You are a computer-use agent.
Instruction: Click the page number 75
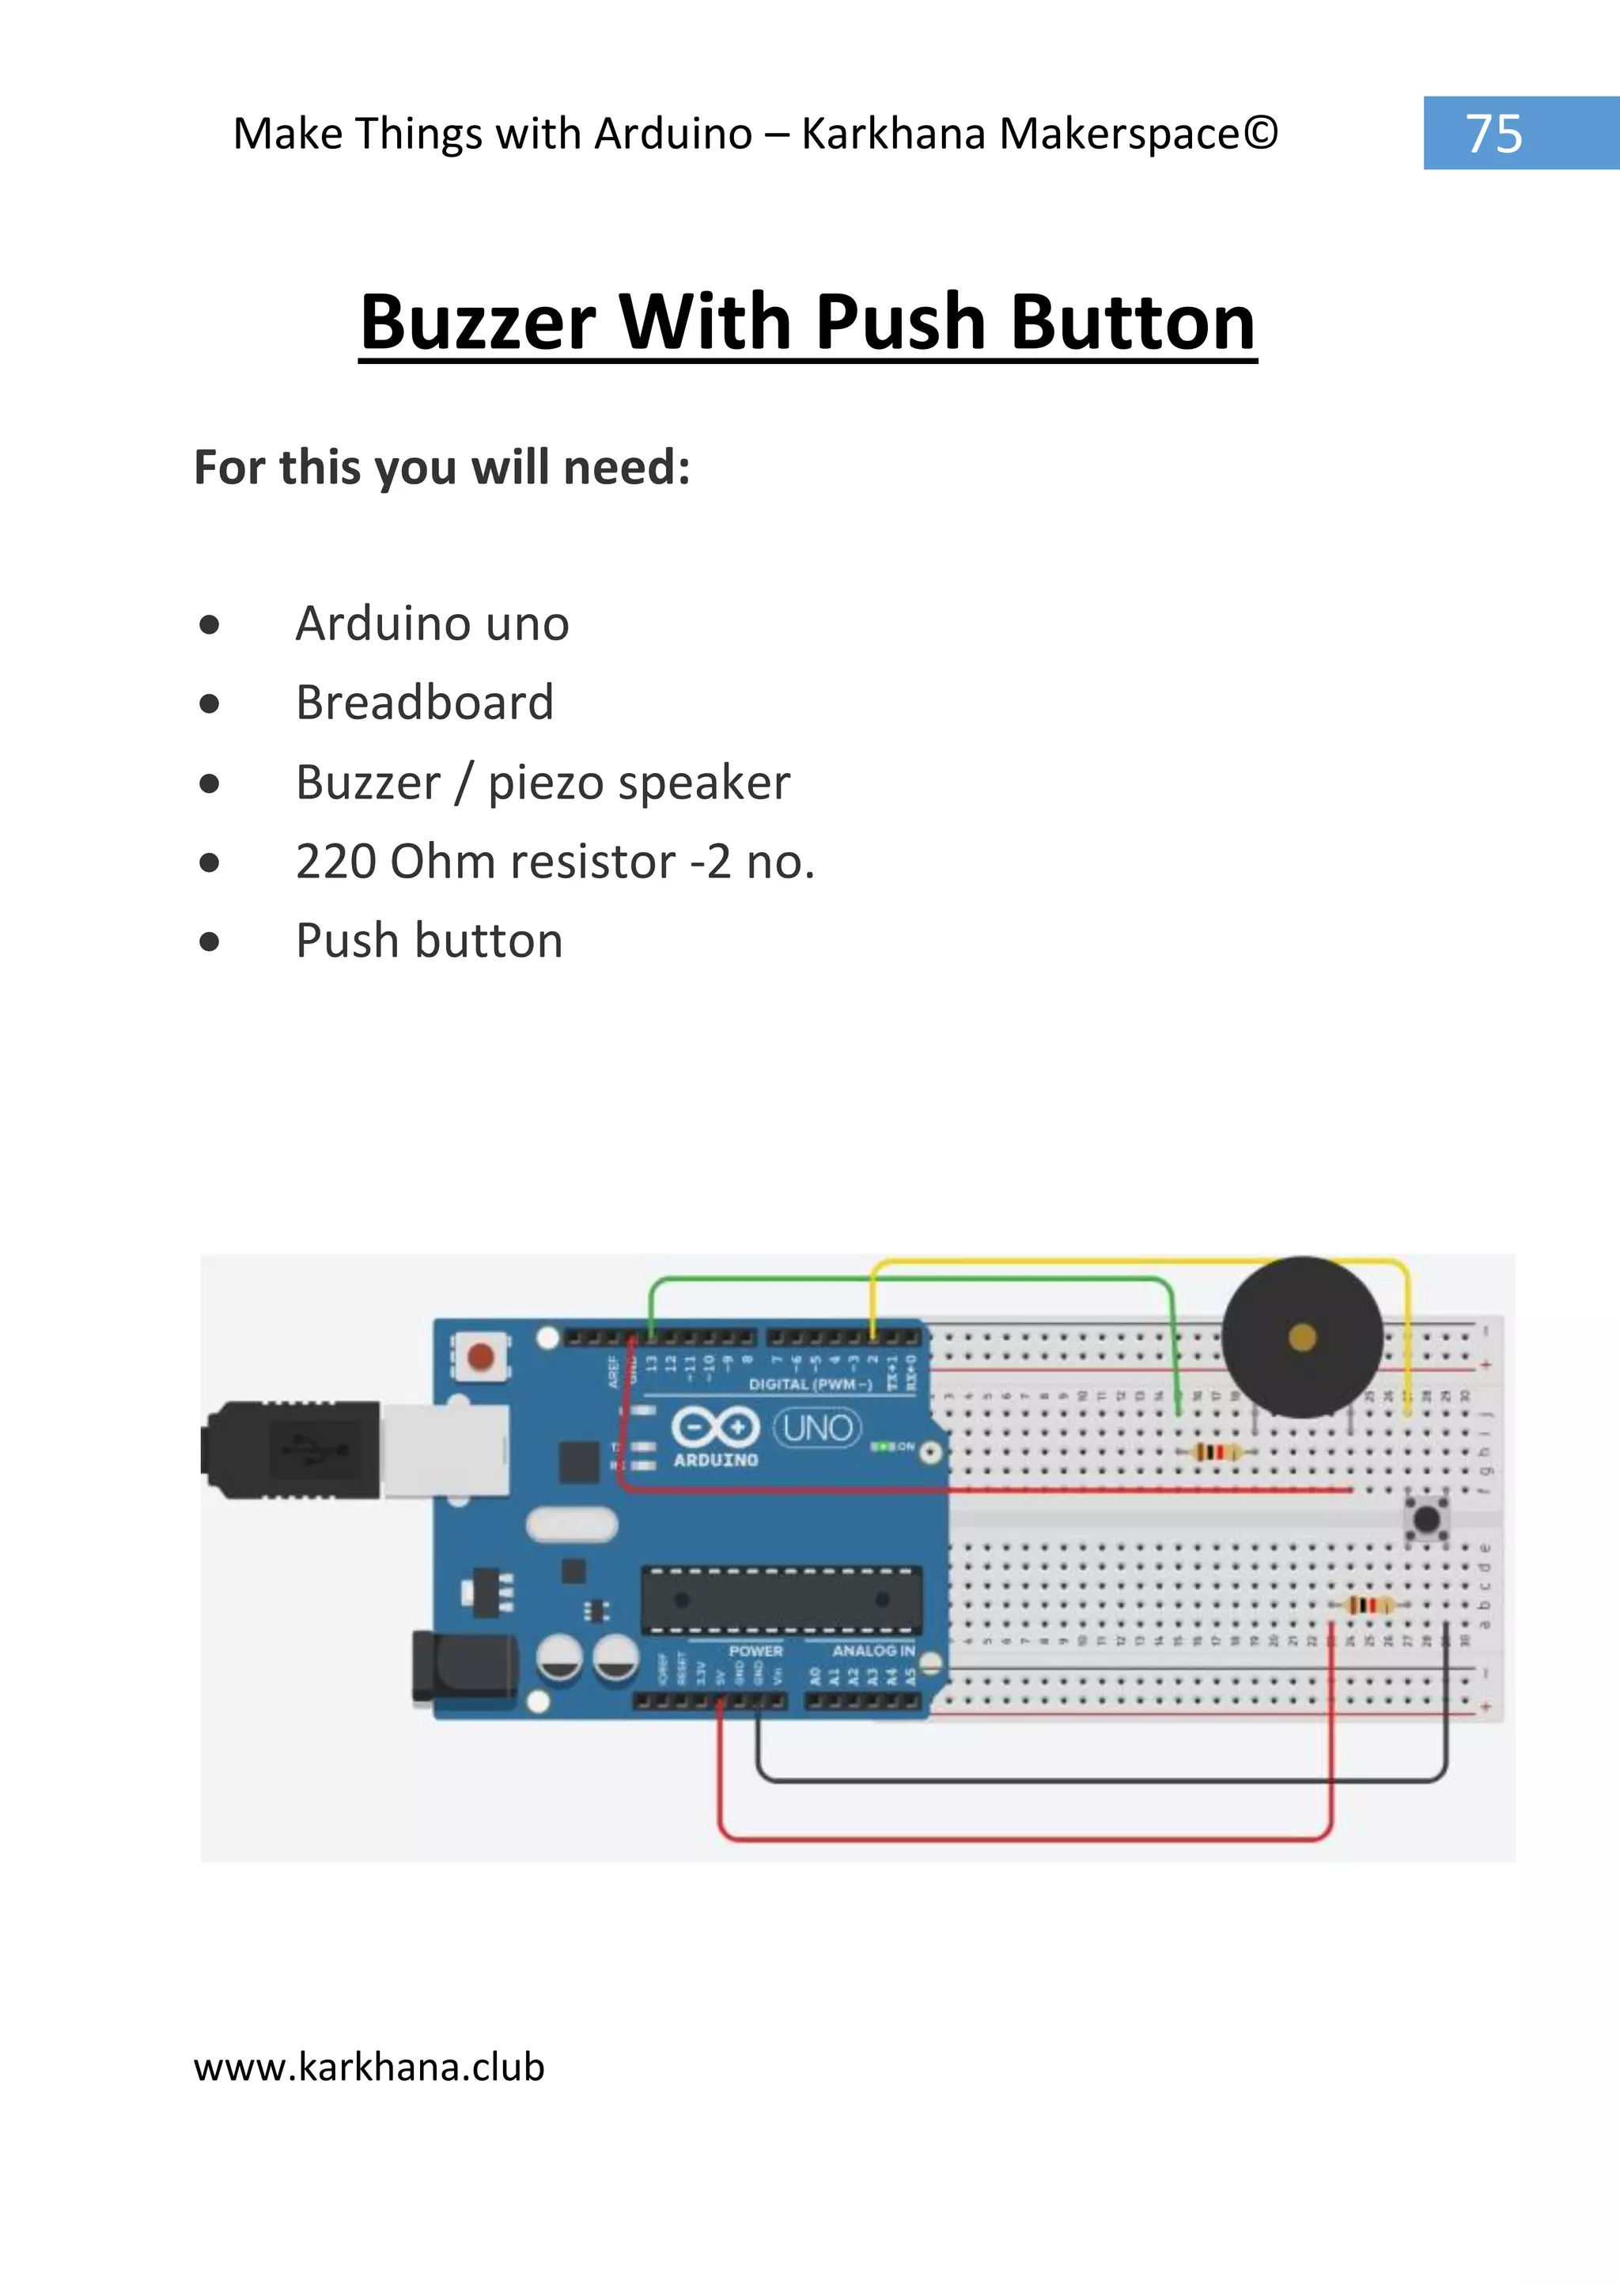[x=1493, y=134]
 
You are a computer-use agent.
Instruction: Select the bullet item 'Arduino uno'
[x=432, y=623]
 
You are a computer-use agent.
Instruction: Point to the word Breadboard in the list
[x=424, y=703]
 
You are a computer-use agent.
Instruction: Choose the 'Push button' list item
[x=429, y=941]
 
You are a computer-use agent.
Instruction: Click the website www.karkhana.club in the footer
[x=369, y=2067]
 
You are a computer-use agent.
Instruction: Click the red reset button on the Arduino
[x=481, y=1357]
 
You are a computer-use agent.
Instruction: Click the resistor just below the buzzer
[x=1215, y=1452]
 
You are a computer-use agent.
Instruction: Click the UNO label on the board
[x=818, y=1428]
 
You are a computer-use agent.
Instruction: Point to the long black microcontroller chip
[x=781, y=1601]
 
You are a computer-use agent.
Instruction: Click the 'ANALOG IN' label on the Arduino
[x=872, y=1650]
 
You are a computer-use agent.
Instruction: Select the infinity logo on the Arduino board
[x=714, y=1427]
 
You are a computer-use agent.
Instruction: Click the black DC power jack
[x=464, y=1665]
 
